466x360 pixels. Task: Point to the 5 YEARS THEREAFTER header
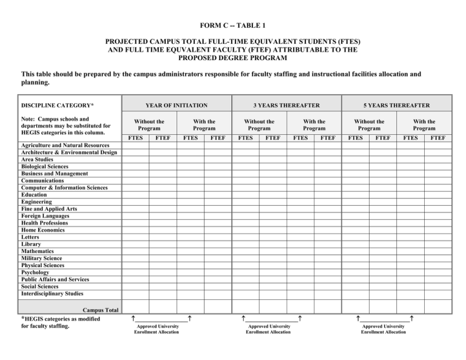[398, 105]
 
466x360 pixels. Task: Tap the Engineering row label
[36, 202]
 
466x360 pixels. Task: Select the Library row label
[32, 244]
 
